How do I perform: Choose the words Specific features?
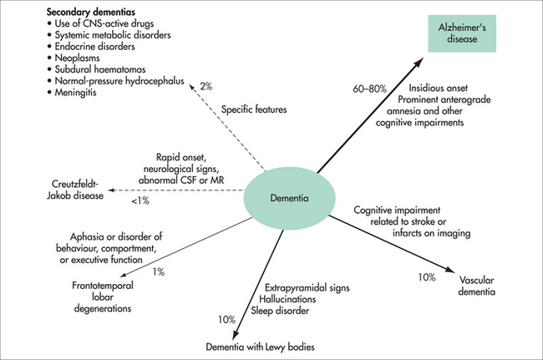[255, 109]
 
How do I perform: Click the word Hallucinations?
[285, 298]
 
